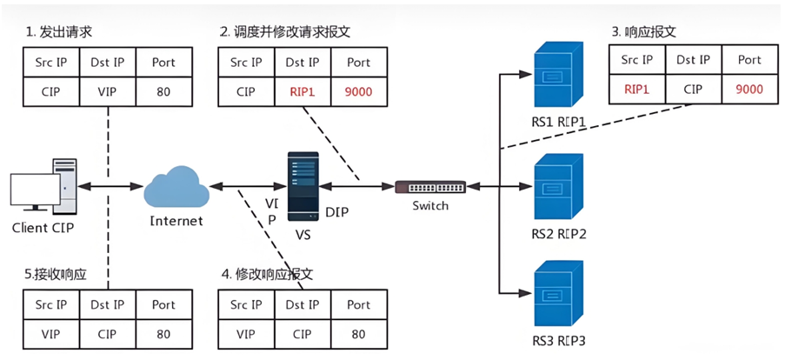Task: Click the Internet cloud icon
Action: pyautogui.click(x=176, y=186)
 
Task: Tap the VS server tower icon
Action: pyautogui.click(x=303, y=186)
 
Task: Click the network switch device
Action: pyautogui.click(x=430, y=186)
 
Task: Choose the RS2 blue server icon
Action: pyautogui.click(x=559, y=188)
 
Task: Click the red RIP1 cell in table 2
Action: pyautogui.click(x=303, y=92)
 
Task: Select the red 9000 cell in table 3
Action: pyautogui.click(x=749, y=89)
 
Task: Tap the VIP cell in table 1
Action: pyautogui.click(x=108, y=92)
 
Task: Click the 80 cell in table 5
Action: pyautogui.click(x=164, y=334)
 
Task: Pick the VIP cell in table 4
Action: pyautogui.click(x=246, y=334)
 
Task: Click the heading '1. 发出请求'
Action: pyautogui.click(x=59, y=33)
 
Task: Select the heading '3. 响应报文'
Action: pyautogui.click(x=644, y=32)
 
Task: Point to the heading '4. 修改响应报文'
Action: pyautogui.click(x=267, y=274)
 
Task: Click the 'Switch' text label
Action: pyautogui.click(x=430, y=206)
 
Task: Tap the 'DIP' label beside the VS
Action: pyautogui.click(x=337, y=211)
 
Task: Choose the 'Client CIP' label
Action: pyautogui.click(x=43, y=228)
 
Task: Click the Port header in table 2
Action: pyautogui.click(x=359, y=63)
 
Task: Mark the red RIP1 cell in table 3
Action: pyautogui.click(x=636, y=89)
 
